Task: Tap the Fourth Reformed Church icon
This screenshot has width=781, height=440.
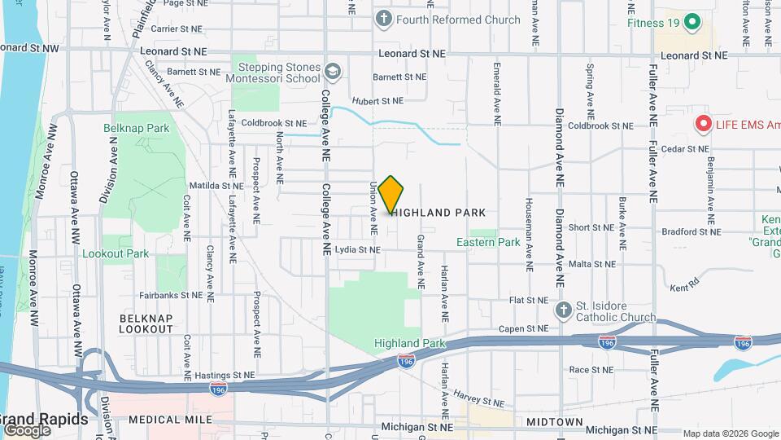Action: pyautogui.click(x=384, y=19)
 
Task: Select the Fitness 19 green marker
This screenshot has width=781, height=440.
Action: pyautogui.click(x=692, y=22)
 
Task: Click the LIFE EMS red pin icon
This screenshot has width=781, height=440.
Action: pyautogui.click(x=704, y=125)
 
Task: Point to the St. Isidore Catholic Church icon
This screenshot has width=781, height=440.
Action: pyautogui.click(x=563, y=310)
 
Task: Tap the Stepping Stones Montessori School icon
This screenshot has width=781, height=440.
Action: pyautogui.click(x=332, y=73)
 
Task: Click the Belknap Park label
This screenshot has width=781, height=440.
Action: pyautogui.click(x=136, y=128)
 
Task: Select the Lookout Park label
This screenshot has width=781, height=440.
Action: pyautogui.click(x=116, y=253)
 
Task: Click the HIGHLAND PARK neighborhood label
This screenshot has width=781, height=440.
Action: pyautogui.click(x=439, y=213)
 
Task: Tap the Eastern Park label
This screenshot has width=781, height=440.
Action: pyautogui.click(x=487, y=242)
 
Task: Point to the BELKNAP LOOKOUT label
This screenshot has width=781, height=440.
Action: pyautogui.click(x=146, y=323)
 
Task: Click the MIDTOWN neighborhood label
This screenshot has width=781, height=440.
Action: pyautogui.click(x=554, y=421)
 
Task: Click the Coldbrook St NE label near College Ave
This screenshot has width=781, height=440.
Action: pyautogui.click(x=273, y=123)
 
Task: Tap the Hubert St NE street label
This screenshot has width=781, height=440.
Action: pyautogui.click(x=377, y=102)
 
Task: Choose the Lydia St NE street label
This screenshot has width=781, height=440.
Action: pyautogui.click(x=357, y=250)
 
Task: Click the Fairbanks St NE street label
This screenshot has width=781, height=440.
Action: pyautogui.click(x=170, y=295)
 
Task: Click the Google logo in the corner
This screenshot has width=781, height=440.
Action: pyautogui.click(x=27, y=429)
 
